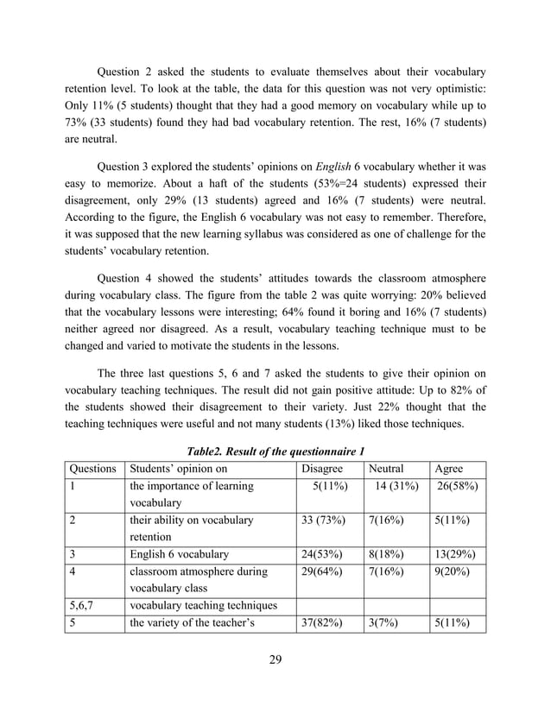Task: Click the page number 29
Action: tap(275, 661)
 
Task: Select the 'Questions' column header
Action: tap(92, 470)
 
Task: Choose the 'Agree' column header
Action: tap(449, 470)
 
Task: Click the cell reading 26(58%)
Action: tap(459, 487)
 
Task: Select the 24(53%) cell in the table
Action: tap(322, 555)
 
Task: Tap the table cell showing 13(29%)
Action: tap(459, 555)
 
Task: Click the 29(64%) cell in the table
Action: tap(322, 572)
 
